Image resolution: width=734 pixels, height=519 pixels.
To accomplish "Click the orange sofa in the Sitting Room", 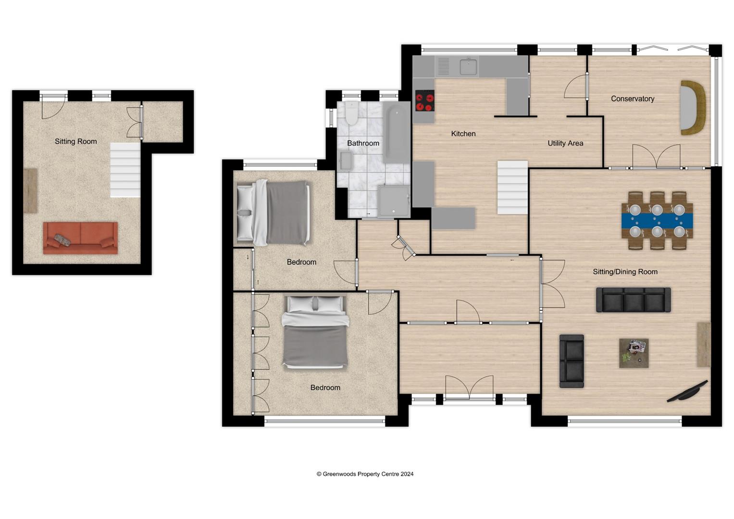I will tap(80, 238).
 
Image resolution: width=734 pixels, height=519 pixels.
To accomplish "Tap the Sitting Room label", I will tap(75, 141).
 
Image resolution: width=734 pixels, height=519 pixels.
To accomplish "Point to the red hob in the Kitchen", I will tap(424, 101).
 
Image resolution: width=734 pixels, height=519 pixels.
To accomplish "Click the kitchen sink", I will tap(468, 67).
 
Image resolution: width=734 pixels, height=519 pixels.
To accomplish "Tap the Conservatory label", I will tap(632, 99).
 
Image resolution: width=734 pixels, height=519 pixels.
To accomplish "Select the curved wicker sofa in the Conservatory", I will tap(693, 108).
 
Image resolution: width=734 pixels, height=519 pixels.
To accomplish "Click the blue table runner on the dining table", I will tap(657, 221).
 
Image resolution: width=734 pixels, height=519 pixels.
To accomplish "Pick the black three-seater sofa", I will tap(633, 300).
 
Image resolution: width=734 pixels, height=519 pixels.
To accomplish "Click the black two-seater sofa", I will tap(572, 361).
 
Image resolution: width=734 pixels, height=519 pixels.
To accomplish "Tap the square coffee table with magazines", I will tap(634, 353).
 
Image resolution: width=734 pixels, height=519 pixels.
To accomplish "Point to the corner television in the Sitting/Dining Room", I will tap(687, 391).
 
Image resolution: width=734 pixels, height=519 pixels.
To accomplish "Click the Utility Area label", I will tap(565, 143).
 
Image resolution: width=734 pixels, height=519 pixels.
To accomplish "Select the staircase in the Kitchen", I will tap(512, 187).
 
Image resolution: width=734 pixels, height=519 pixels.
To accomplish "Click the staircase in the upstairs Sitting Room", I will tap(125, 170).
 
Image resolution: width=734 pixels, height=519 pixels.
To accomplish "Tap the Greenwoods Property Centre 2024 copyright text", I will tap(365, 474).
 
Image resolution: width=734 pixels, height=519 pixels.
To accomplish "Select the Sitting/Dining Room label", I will tap(625, 272).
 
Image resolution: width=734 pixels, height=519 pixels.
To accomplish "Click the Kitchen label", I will tap(463, 134).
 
